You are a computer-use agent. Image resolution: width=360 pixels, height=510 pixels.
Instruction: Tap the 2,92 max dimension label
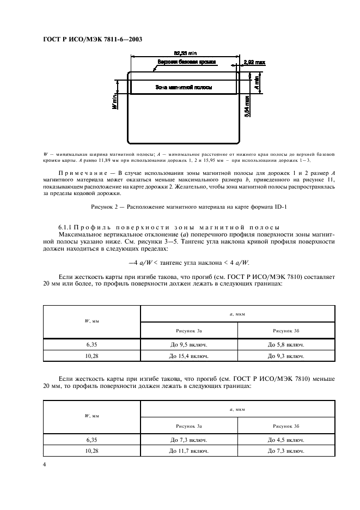(254, 63)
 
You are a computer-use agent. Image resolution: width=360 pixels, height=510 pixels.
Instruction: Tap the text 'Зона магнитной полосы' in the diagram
(184, 87)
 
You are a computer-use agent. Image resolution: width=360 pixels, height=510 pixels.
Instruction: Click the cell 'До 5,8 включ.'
(285, 345)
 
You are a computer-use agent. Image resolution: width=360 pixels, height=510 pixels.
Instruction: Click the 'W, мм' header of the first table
(91, 321)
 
